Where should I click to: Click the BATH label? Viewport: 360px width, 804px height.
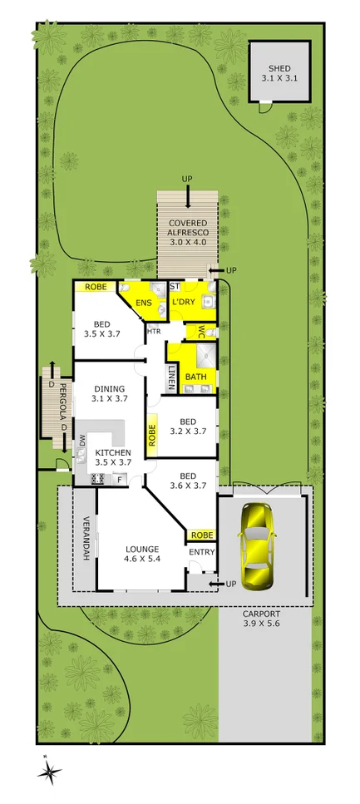pos(196,377)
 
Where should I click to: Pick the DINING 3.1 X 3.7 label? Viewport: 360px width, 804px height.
pos(109,393)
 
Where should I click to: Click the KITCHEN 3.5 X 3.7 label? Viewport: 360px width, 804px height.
pos(114,457)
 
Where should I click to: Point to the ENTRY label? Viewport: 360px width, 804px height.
pos(200,552)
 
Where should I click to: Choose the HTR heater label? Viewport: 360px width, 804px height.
pos(154,332)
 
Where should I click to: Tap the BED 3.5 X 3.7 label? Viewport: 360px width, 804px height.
pos(102,329)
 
